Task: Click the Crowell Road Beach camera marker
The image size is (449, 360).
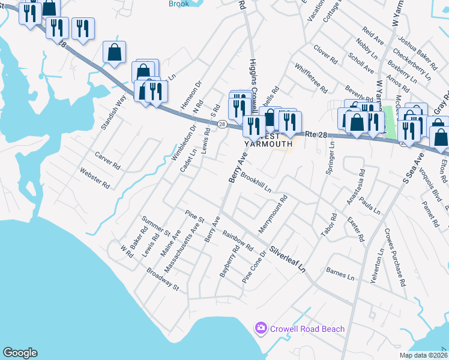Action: tap(261, 328)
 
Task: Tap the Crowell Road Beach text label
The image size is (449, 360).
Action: tap(307, 329)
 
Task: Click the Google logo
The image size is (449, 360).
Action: tap(20, 353)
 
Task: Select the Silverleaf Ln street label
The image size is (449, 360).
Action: tap(288, 258)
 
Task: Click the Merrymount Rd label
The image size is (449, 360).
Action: tap(274, 215)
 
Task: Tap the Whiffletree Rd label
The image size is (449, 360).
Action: tap(311, 79)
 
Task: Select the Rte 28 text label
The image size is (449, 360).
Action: tap(319, 135)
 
